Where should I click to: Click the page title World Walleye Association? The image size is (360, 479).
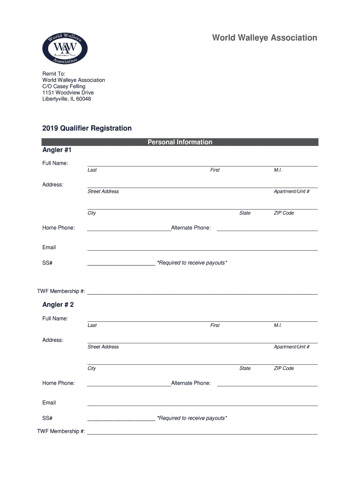265,38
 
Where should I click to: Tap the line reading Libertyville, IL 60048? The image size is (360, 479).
67,99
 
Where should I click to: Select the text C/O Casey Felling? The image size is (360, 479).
64,87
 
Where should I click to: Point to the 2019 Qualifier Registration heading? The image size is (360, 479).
87,128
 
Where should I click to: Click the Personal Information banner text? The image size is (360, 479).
180,142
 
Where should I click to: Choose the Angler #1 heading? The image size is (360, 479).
57,150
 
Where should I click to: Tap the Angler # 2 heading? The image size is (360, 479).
58,305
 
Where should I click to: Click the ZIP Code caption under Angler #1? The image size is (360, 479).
284,213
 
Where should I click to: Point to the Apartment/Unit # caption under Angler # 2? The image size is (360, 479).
292,347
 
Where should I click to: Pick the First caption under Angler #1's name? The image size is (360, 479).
215,170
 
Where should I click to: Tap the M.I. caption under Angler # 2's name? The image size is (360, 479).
278,325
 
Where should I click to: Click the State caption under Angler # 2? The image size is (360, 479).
245,368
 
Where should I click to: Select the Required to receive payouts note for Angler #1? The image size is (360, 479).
192,263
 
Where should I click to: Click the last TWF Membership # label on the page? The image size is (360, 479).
61,431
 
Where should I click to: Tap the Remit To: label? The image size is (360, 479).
54,74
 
